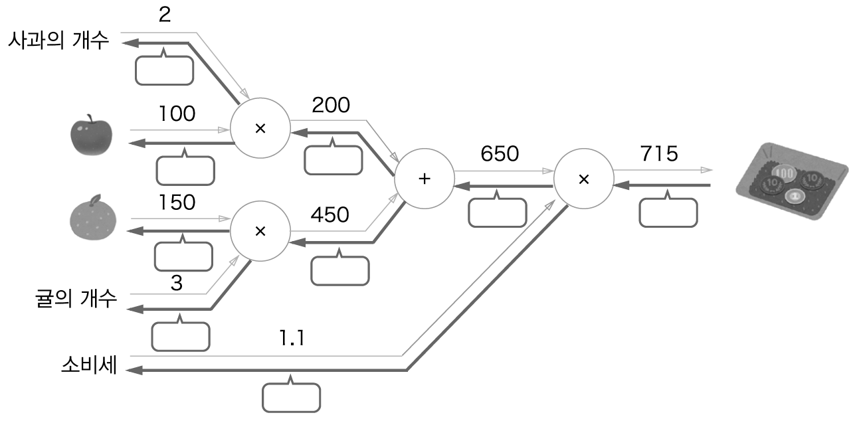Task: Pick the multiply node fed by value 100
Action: [x=260, y=128]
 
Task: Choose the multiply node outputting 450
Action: [x=260, y=230]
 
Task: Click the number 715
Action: [x=659, y=155]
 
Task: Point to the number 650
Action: [x=499, y=155]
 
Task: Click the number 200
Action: [x=331, y=104]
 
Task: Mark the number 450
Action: [x=330, y=215]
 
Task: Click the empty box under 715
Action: [x=668, y=212]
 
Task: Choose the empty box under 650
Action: [x=497, y=212]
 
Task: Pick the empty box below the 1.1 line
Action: [x=291, y=398]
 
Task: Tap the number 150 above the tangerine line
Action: [x=177, y=203]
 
